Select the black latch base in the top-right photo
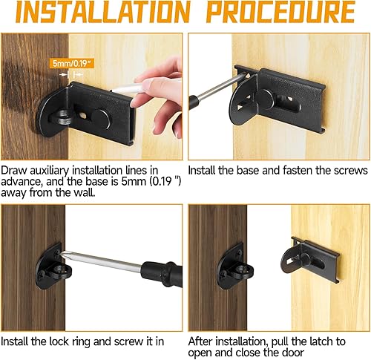tap(297, 104)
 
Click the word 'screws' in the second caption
tap(349, 171)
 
